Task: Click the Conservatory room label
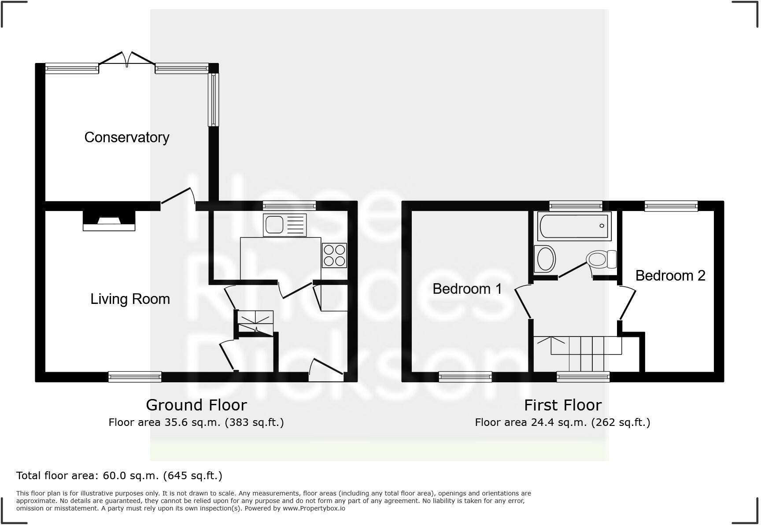[x=127, y=137]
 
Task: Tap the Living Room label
[x=130, y=299]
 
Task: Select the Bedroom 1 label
[x=467, y=289]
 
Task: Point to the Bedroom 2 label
[x=670, y=276]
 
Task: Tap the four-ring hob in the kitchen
[x=334, y=255]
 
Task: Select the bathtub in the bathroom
[x=574, y=226]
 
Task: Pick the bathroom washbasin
[x=545, y=259]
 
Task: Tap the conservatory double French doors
[x=127, y=59]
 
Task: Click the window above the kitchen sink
[x=289, y=205]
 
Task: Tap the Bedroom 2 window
[x=671, y=205]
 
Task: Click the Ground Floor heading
[x=196, y=405]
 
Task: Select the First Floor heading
[x=562, y=405]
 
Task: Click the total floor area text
[x=119, y=476]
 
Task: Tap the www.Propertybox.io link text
[x=314, y=508]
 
